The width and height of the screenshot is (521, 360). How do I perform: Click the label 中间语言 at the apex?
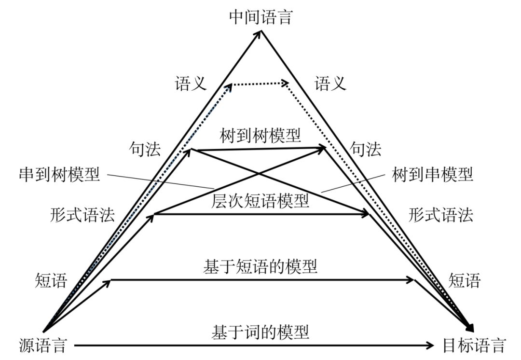261,17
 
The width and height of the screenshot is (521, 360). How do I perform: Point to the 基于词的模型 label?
260,332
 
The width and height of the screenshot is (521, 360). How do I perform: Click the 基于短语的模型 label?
260,266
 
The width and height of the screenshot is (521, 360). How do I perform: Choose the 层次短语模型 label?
260,200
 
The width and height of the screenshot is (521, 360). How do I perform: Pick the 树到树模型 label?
260,136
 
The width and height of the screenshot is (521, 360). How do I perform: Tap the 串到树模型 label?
59,174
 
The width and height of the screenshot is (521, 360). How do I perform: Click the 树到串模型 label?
433,174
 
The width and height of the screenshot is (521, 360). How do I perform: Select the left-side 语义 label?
191,84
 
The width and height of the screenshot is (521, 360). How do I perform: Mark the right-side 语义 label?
330,84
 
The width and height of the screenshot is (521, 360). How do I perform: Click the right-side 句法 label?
366,149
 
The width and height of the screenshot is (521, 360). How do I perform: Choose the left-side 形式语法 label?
82,215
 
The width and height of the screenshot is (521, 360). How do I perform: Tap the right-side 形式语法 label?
440,215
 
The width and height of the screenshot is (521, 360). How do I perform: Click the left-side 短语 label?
51,280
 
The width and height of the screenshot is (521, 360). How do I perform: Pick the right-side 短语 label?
465,280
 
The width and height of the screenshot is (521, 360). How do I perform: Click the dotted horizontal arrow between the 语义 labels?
260,84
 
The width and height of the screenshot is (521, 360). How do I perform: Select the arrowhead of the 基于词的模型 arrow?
431,345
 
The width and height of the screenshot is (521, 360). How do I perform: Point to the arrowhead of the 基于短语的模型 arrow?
411,280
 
